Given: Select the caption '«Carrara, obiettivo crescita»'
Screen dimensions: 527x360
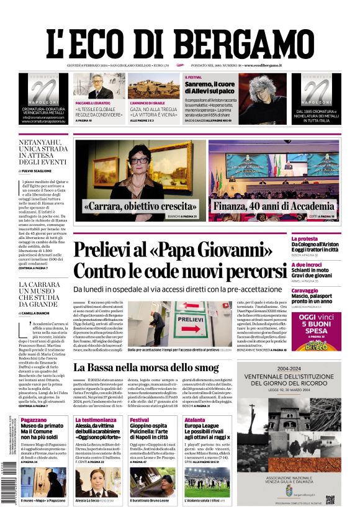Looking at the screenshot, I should pyautogui.click(x=140, y=205).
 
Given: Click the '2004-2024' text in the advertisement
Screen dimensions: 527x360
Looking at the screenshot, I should pyautogui.click(x=289, y=367).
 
